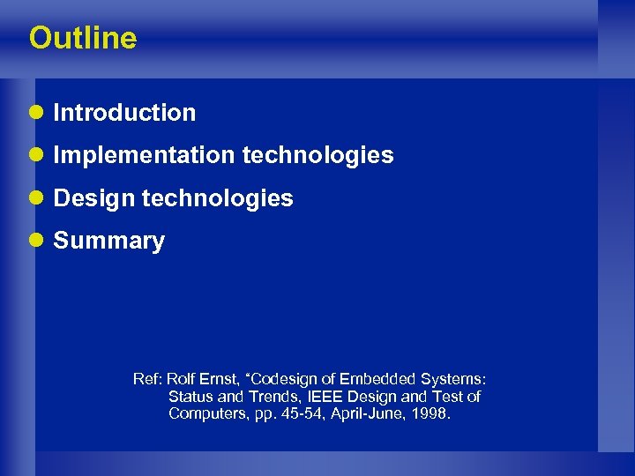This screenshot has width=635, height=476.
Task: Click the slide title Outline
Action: (83, 38)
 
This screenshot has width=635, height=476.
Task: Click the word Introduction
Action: (124, 113)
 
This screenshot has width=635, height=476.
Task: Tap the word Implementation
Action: (144, 155)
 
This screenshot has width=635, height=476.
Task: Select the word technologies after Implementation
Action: (317, 155)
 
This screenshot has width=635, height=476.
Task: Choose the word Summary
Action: (109, 241)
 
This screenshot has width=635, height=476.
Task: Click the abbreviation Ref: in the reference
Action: (147, 380)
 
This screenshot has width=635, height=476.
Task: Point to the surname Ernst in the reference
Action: (220, 380)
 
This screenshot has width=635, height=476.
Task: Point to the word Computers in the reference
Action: (204, 413)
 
